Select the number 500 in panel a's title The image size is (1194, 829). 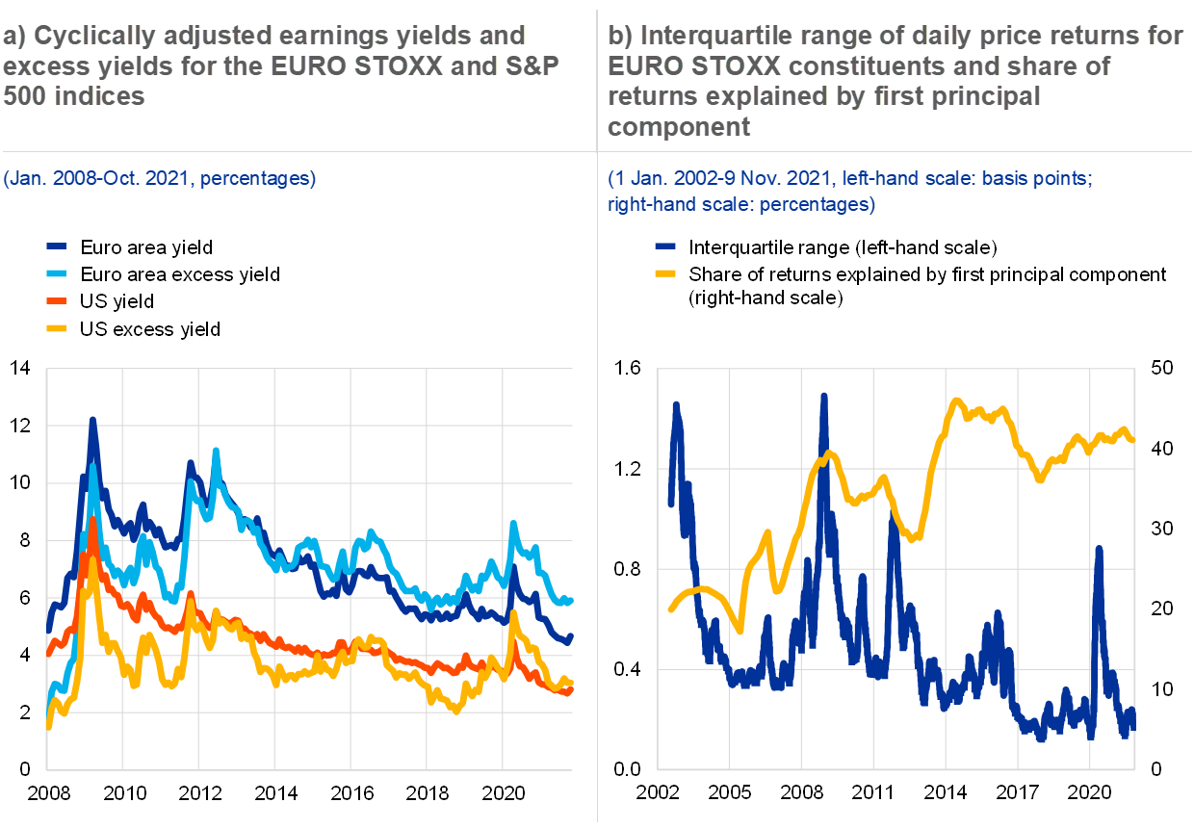pos(24,96)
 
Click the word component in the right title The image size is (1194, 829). pos(679,126)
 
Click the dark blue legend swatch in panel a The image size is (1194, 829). pos(57,246)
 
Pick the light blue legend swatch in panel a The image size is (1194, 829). pos(57,273)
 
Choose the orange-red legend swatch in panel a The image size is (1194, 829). pos(57,301)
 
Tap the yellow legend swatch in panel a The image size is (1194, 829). pos(57,328)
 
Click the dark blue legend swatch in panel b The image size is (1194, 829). pos(665,246)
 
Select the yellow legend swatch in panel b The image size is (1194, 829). pos(665,273)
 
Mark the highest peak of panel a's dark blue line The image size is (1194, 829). pos(92,420)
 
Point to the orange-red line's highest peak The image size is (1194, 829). pos(92,520)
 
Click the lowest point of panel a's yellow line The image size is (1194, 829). pos(456,711)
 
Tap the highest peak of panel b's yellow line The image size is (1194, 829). pos(955,401)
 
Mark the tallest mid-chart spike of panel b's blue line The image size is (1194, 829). pos(824,396)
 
